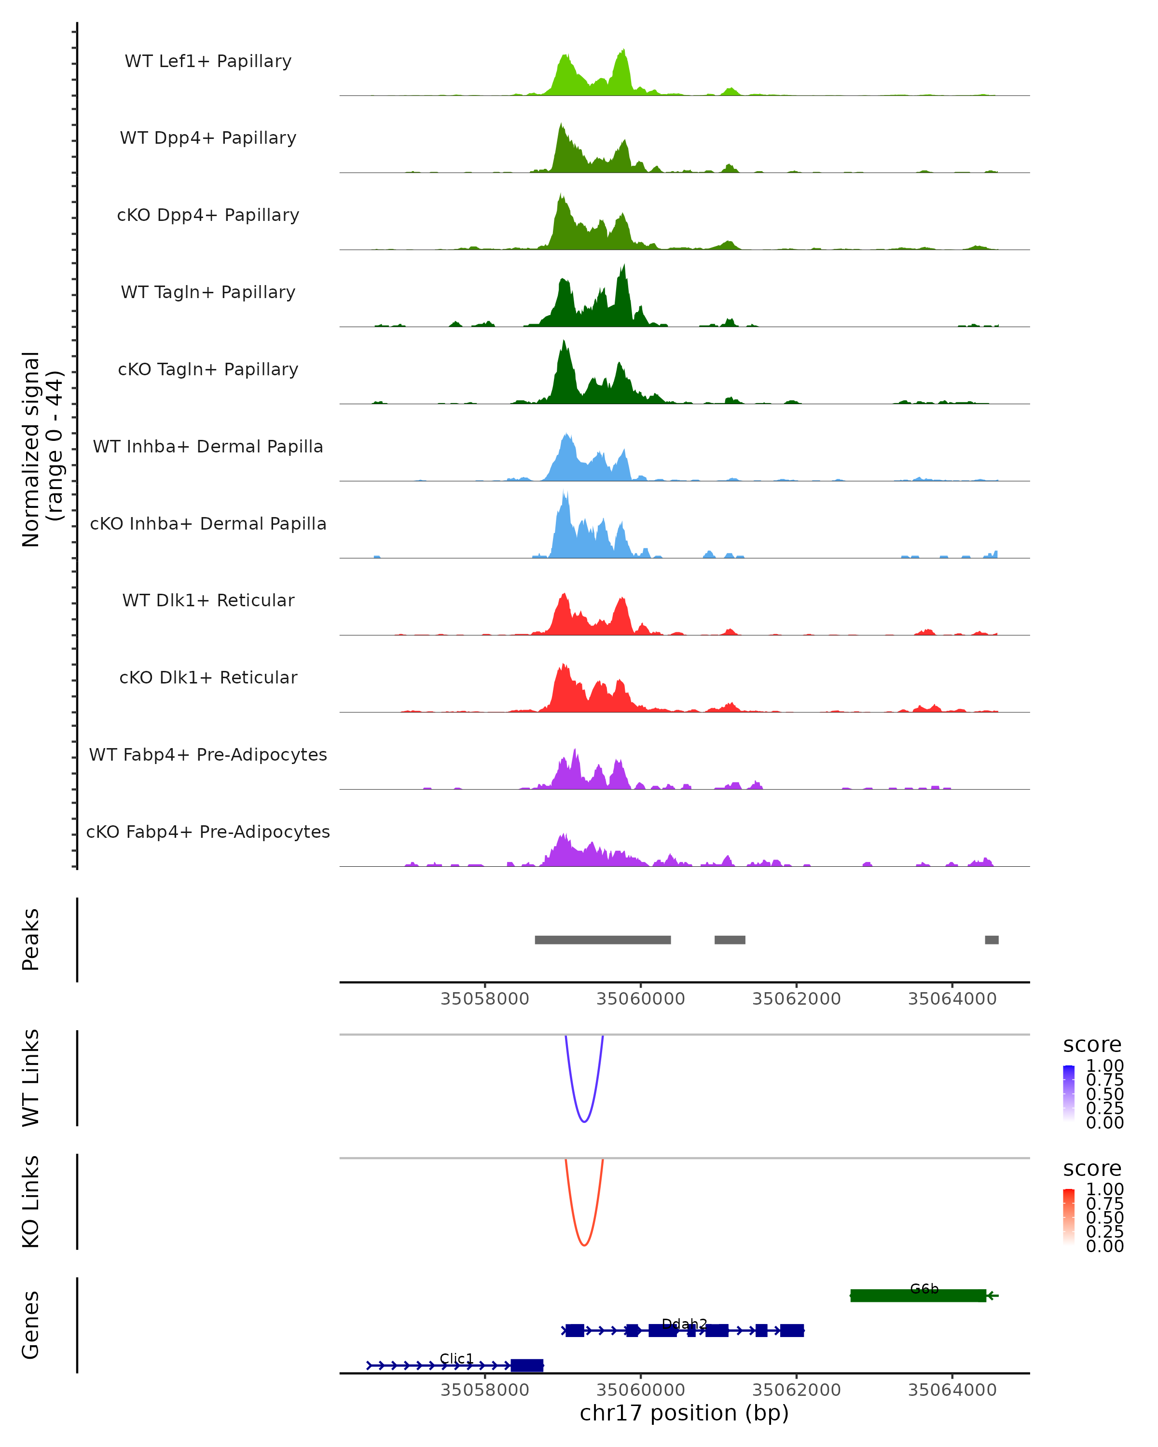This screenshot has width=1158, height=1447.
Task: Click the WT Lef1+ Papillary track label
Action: (x=208, y=61)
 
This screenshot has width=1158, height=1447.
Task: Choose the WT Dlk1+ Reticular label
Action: (x=208, y=600)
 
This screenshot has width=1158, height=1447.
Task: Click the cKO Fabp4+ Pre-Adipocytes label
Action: (x=208, y=832)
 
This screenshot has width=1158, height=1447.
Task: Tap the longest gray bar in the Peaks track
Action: (x=602, y=940)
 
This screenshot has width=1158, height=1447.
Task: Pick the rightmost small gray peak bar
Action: (x=991, y=940)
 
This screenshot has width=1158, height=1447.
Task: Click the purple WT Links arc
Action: (x=584, y=1121)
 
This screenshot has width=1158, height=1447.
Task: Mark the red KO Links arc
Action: (x=584, y=1245)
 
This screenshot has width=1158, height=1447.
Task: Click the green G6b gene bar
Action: (x=917, y=1296)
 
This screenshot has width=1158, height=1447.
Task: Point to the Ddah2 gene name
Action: (x=684, y=1324)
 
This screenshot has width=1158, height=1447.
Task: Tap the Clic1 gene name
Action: (x=456, y=1358)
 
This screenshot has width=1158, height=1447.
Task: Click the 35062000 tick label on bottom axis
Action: (x=796, y=1390)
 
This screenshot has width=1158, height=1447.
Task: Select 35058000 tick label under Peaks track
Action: (x=485, y=999)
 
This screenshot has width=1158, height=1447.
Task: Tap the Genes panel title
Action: (x=31, y=1325)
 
